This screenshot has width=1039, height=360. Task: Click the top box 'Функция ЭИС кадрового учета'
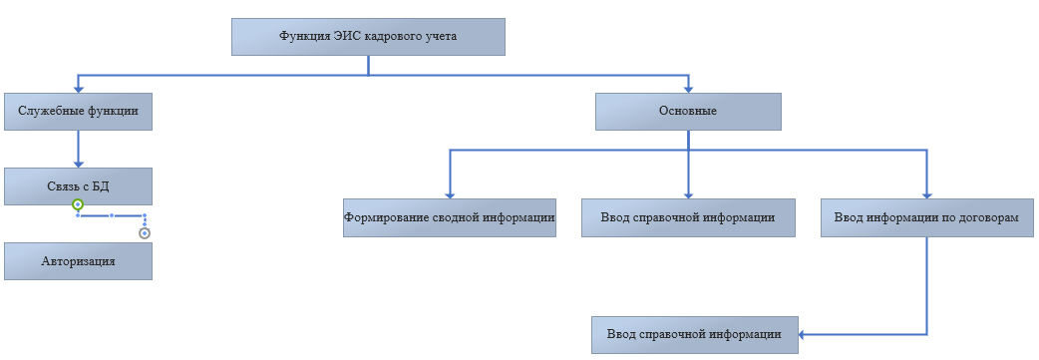[x=368, y=37]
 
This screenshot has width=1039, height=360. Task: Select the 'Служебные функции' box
[x=78, y=112]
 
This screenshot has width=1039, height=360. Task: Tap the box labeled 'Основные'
[x=688, y=112]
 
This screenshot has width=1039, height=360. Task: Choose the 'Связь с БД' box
[x=78, y=186]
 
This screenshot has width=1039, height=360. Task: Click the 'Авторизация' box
[x=78, y=261]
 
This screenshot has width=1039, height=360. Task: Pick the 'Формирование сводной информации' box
[x=450, y=217]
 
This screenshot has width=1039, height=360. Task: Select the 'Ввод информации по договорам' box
[x=926, y=217]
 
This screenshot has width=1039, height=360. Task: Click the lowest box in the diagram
[x=694, y=335]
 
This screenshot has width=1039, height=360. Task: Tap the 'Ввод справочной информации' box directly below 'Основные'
[x=688, y=217]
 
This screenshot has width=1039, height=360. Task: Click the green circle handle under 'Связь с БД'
[x=78, y=204]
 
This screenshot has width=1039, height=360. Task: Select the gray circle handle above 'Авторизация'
[x=145, y=233]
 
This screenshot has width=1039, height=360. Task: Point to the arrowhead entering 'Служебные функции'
[x=78, y=88]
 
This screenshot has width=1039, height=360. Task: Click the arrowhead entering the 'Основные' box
[x=688, y=88]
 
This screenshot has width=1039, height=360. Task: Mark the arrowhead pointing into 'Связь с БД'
[x=78, y=164]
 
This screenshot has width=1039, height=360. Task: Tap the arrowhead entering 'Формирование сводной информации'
[x=450, y=194]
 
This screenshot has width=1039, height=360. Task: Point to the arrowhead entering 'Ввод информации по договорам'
[x=926, y=194]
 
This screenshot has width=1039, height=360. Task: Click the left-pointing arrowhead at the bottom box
[x=803, y=335]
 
